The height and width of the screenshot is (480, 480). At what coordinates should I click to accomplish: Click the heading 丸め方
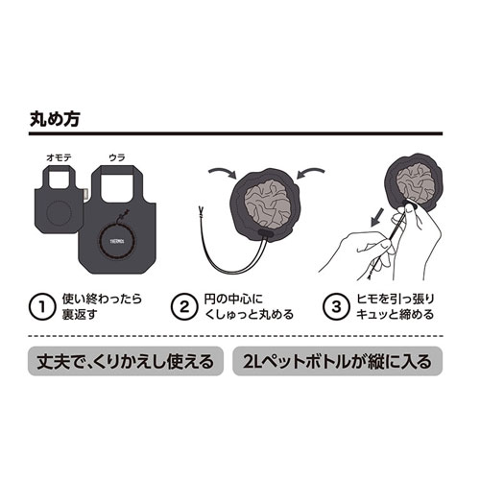55,119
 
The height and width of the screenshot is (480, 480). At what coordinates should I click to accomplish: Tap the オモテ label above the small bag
60,157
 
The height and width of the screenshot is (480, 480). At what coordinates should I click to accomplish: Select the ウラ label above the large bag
117,157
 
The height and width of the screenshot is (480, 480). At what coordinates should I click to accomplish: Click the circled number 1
41,307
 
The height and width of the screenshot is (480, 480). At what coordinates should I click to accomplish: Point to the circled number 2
183,307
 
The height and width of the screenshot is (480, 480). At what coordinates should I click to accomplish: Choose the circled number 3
336,307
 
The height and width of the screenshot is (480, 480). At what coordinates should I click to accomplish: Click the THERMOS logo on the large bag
117,241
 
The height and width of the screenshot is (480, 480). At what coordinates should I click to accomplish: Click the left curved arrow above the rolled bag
222,172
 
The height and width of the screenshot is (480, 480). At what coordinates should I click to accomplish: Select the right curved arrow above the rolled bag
311,172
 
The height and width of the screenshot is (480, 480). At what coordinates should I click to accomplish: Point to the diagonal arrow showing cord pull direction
377,218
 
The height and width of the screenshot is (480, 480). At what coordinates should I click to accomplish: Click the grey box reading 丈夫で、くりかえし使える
126,361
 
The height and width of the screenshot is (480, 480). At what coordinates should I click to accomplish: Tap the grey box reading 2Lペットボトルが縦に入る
338,361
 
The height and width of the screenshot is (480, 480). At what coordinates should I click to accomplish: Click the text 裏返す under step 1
80,315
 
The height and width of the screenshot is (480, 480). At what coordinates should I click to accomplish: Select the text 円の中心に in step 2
233,299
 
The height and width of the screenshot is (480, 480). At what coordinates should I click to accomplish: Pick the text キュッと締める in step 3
395,315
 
